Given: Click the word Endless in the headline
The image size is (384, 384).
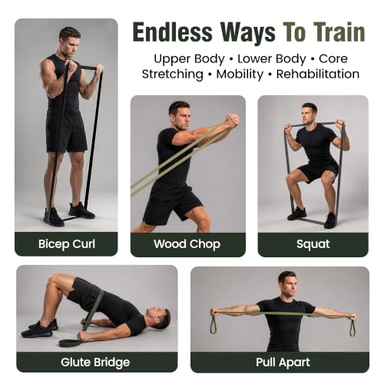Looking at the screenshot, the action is point(173,32).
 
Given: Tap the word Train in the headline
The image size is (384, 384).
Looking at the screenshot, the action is point(339,32).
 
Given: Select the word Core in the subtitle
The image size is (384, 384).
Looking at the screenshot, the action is point(333,59).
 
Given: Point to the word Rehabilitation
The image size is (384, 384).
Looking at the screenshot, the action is point(318,74).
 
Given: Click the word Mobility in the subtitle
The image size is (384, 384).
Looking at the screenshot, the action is point(240,74).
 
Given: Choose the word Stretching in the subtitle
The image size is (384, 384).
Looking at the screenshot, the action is point(173,74).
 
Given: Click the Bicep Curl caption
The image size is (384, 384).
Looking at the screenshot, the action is point(67,244).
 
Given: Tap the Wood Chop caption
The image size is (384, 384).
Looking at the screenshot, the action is point(187,244).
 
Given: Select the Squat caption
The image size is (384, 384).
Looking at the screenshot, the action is point(313,244).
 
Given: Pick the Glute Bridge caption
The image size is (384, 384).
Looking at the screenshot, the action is point(95,362).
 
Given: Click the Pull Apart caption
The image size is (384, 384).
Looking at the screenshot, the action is point(283,362).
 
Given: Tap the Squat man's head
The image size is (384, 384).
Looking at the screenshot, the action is point(309,113).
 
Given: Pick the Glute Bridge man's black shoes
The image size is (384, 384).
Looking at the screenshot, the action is point(39,328).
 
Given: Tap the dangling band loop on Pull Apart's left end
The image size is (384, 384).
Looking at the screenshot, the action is point(214,326).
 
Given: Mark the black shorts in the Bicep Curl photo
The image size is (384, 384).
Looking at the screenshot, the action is point(67,132).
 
